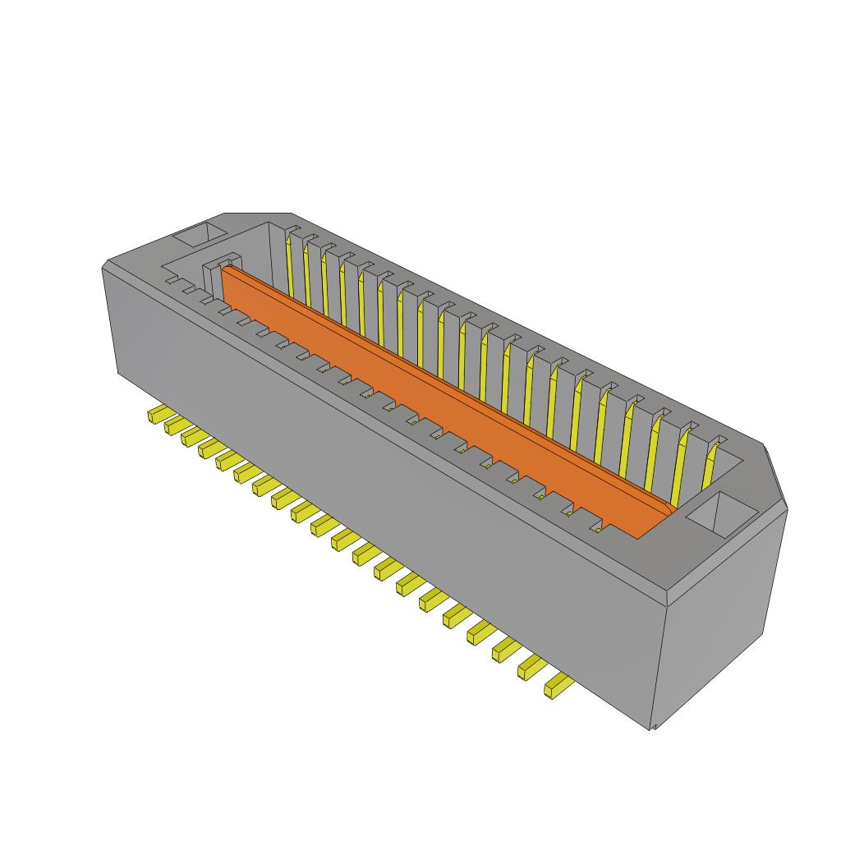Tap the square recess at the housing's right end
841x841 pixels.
pos(721,515)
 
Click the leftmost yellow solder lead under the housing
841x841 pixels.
pos(155,414)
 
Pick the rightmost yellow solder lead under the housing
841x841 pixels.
pos(557,685)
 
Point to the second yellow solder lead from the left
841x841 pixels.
pos(172,425)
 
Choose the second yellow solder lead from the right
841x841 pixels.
pos(531,667)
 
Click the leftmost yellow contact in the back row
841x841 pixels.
pos(289,263)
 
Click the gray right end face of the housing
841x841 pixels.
pos(719,624)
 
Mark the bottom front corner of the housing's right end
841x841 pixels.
pos(653,728)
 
